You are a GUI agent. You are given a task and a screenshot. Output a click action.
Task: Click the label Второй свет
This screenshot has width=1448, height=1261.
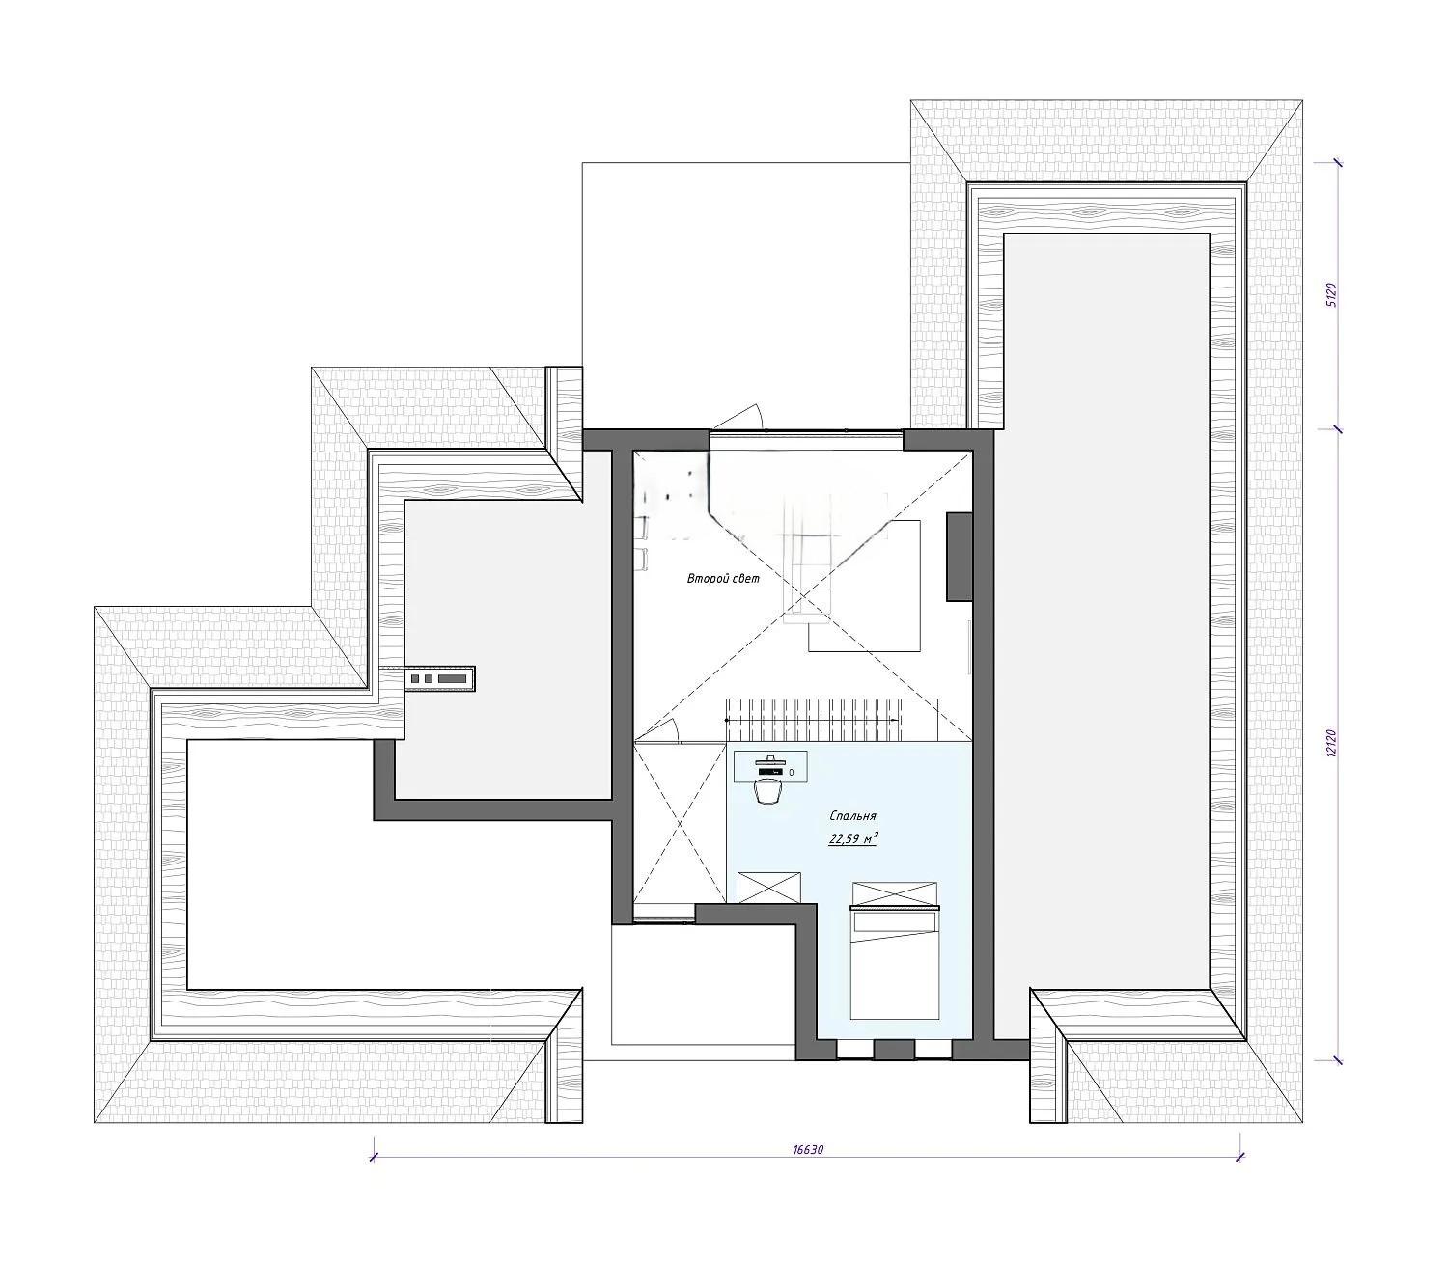[723, 579]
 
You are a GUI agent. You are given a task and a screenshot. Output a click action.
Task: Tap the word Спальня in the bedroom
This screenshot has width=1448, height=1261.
[852, 816]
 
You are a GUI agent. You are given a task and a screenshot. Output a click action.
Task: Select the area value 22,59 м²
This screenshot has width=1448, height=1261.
[852, 839]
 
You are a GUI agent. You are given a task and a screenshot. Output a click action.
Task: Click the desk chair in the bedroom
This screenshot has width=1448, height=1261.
[766, 791]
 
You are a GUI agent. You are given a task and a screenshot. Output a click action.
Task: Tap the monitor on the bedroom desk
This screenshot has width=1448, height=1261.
[768, 760]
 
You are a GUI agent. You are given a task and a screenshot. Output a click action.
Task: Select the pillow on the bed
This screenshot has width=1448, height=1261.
[895, 920]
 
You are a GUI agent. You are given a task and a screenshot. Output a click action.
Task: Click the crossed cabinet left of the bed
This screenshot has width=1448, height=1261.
[769, 888]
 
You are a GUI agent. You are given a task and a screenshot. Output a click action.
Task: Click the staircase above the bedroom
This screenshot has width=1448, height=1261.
[831, 719]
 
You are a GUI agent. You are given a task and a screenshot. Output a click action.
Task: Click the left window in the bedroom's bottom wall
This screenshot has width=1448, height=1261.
[854, 1050]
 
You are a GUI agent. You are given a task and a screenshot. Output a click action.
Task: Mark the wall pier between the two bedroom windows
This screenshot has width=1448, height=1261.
[894, 1050]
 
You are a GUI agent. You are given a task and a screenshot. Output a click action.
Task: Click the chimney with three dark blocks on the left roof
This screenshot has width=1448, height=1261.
[439, 678]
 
